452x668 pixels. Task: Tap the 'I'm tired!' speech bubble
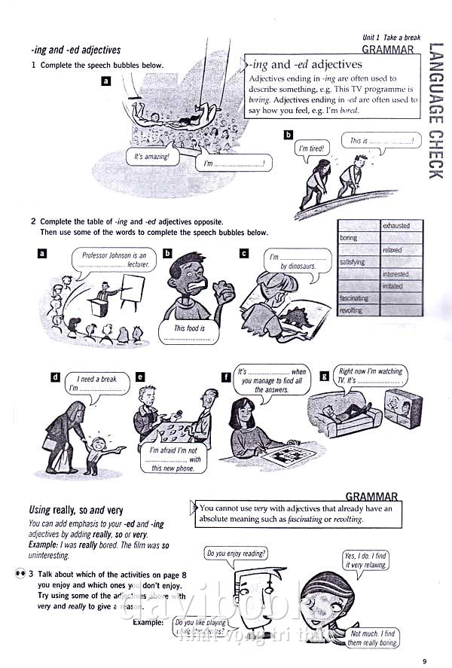310,149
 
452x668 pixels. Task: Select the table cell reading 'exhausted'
396,226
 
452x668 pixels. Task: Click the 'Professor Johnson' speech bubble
112,261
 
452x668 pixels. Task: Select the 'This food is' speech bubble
189,332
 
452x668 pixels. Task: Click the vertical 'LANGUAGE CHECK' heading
433,114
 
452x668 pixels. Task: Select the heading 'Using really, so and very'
75,510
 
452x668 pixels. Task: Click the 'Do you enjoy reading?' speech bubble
235,554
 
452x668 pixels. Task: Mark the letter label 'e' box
140,376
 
